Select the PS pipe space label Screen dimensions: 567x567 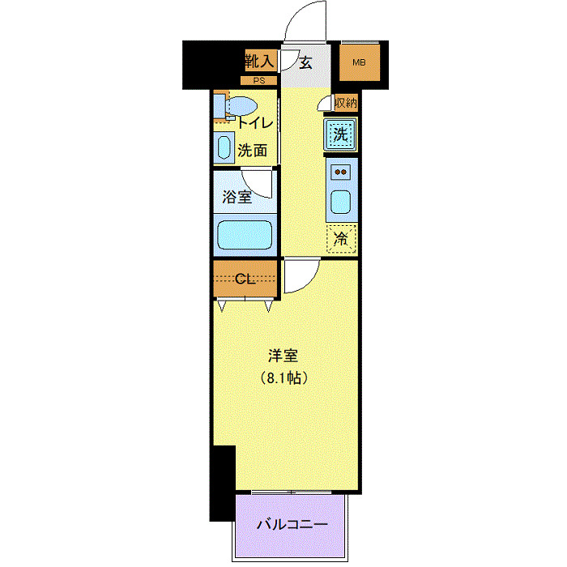[x=259, y=81]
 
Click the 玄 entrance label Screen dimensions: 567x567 [x=305, y=63]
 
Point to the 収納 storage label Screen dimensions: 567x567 [x=346, y=103]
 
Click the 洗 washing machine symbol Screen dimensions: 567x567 [x=342, y=134]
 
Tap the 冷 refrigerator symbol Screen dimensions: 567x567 [x=342, y=238]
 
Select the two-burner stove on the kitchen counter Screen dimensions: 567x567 [x=341, y=172]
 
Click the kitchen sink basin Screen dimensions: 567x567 [x=341, y=201]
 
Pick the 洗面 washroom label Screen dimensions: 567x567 [x=253, y=150]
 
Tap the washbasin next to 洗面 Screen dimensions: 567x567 [x=224, y=147]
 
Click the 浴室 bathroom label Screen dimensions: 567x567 [x=237, y=195]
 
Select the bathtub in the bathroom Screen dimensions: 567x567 [x=245, y=235]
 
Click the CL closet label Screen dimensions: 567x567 [x=245, y=279]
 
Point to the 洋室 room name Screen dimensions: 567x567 [x=284, y=356]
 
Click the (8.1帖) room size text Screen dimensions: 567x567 [x=284, y=377]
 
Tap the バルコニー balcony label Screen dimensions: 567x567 [x=292, y=524]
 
